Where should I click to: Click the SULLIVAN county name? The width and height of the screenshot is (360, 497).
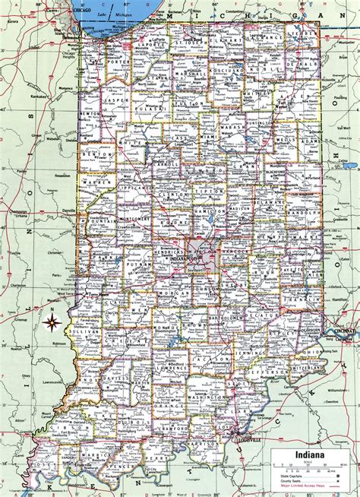click(84, 332)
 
